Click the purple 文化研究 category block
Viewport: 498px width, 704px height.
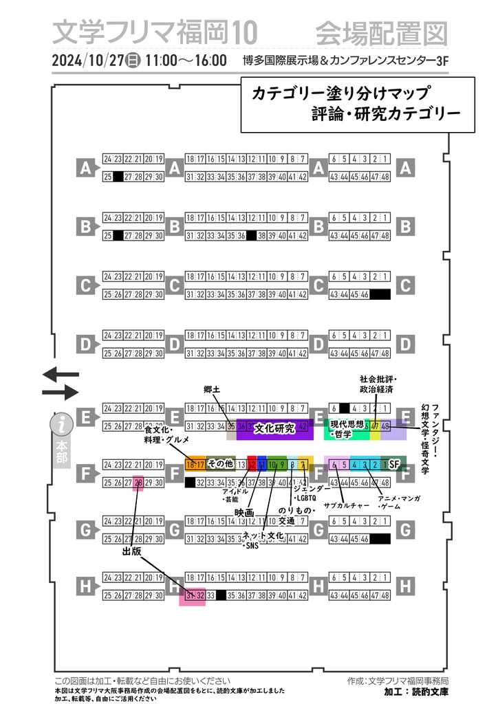coord(274,428)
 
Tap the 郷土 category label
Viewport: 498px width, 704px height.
coord(211,390)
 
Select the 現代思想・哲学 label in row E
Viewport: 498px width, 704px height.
coord(345,428)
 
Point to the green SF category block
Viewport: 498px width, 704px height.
coord(394,465)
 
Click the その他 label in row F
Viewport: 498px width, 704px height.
coord(220,464)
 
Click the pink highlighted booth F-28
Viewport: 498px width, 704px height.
coord(138,483)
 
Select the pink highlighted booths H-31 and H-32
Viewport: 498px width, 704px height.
coord(192,595)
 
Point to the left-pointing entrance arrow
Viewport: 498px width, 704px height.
coord(61,375)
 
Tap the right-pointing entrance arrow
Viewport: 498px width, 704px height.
coord(61,393)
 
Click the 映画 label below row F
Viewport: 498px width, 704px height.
coord(244,513)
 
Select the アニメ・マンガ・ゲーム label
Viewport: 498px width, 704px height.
coord(398,501)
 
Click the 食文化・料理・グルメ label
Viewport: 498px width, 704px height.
coord(166,434)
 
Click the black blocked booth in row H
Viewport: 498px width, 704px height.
coord(221,595)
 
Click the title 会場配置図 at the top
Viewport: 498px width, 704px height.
coord(381,32)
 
